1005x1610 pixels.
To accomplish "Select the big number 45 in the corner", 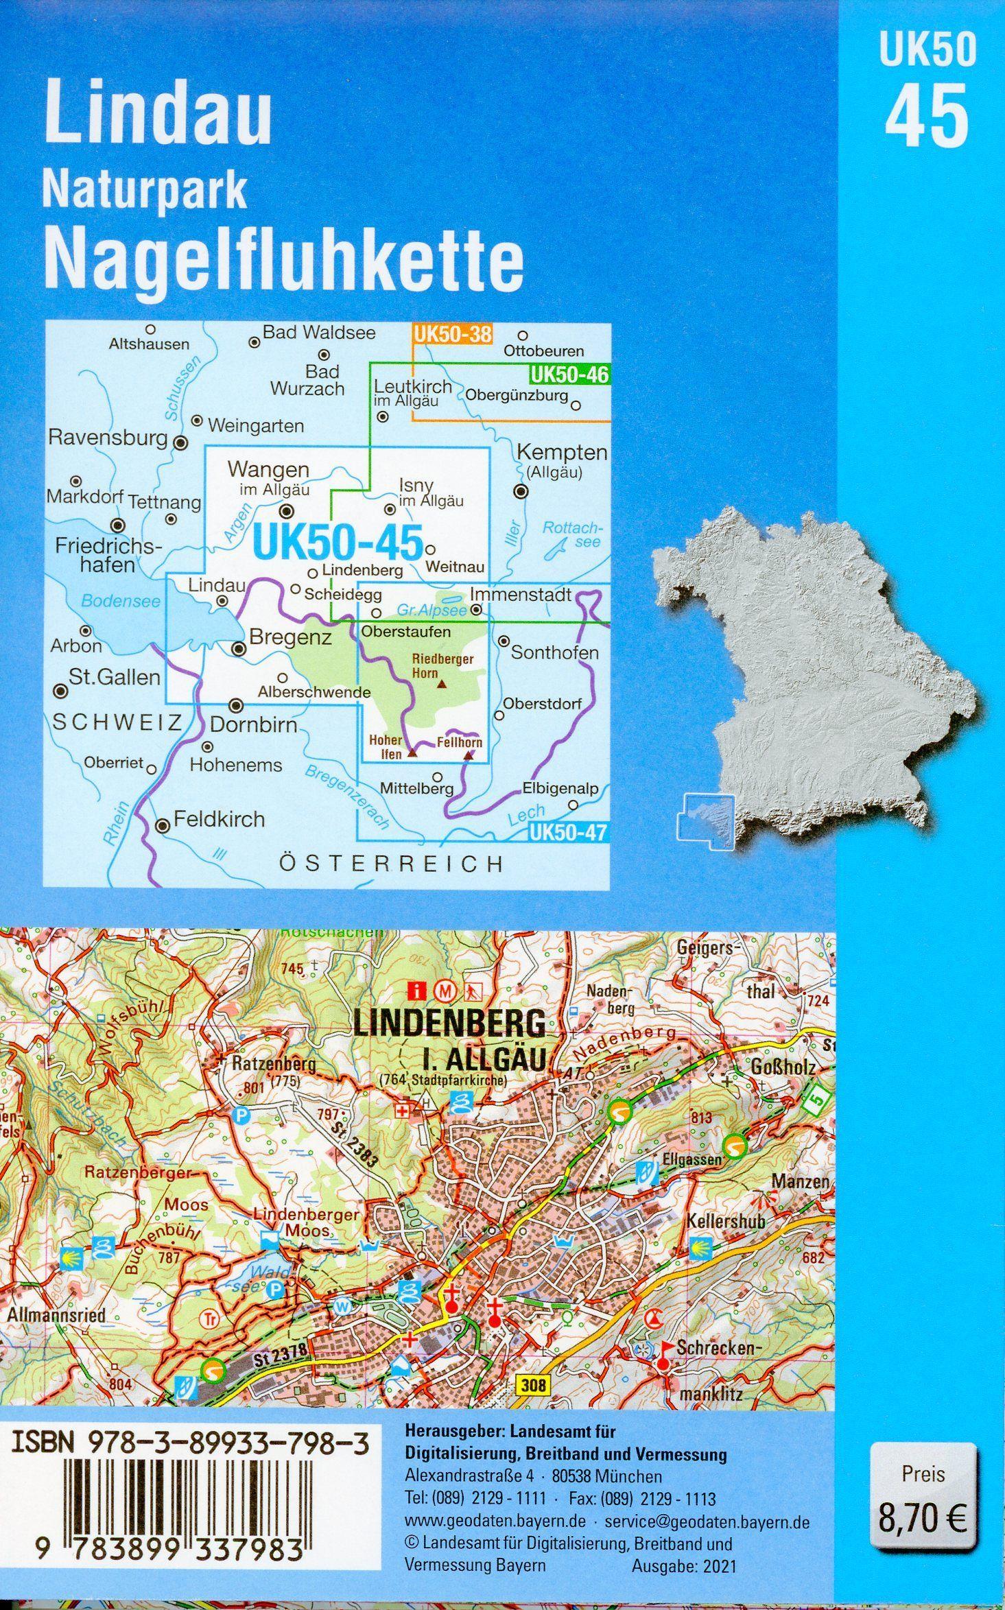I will [x=926, y=116].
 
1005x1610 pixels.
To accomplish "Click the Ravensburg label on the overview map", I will [x=108, y=438].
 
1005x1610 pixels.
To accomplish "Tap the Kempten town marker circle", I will [x=521, y=490].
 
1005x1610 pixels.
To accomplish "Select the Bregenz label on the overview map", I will [x=291, y=638].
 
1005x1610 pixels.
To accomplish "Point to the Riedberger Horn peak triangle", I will [x=442, y=684].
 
